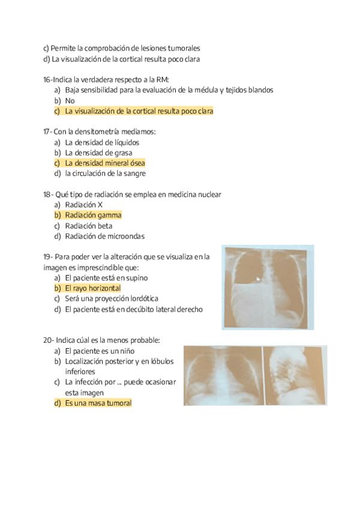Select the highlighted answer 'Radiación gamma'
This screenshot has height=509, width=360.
pyautogui.click(x=93, y=215)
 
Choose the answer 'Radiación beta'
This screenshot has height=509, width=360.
pyautogui.click(x=89, y=226)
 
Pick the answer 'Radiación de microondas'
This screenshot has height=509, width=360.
pyautogui.click(x=104, y=236)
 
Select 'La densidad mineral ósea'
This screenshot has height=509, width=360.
pyautogui.click(x=104, y=163)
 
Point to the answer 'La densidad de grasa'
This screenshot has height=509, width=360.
pyautogui.click(x=98, y=152)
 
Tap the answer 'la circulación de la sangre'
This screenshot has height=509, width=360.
pyautogui.click(x=106, y=173)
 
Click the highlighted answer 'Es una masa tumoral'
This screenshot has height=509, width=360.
pyautogui.click(x=98, y=403)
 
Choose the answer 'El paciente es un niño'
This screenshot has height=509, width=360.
pyautogui.click(x=100, y=351)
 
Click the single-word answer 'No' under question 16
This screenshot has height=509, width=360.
pyautogui.click(x=70, y=101)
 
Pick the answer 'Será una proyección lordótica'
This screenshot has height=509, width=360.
pyautogui.click(x=111, y=298)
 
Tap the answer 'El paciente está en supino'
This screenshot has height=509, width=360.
pyautogui.click(x=106, y=278)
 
